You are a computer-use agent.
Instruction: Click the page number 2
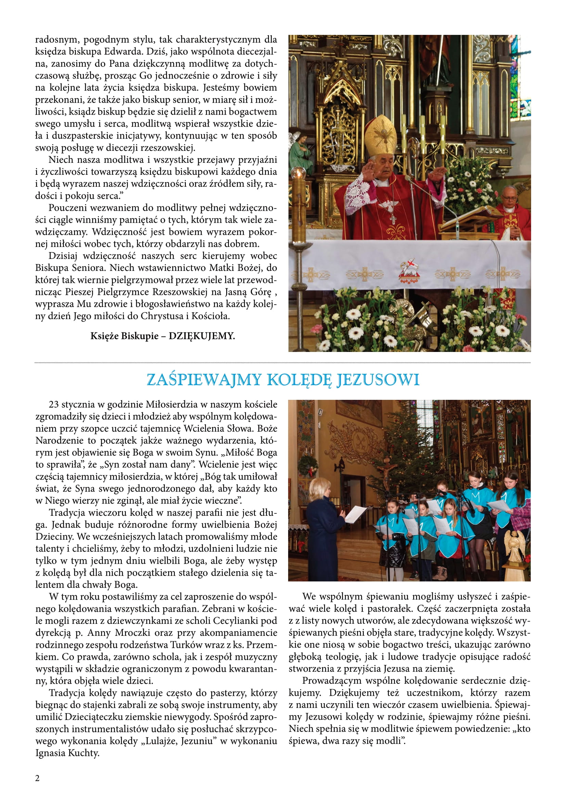[38, 778]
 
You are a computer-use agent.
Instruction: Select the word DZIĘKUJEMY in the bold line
[202, 336]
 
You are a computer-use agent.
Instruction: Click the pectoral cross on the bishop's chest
[393, 219]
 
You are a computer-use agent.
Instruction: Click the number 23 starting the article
[54, 405]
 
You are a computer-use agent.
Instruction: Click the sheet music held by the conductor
[356, 514]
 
